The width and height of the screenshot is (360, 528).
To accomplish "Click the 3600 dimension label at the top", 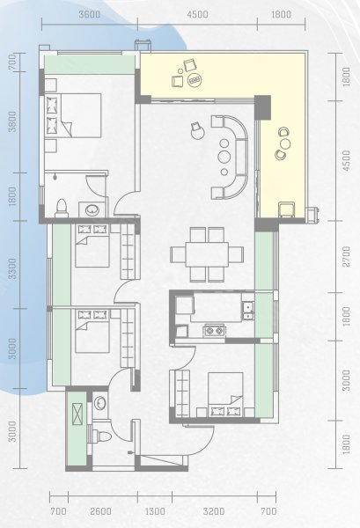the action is tap(90, 14).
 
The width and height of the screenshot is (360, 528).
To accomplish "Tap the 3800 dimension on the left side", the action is tap(12, 121).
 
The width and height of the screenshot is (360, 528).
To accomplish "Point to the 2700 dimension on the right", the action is tap(346, 257).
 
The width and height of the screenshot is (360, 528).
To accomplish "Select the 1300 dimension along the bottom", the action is tap(155, 511).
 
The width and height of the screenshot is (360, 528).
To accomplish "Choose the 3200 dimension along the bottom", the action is tap(214, 511).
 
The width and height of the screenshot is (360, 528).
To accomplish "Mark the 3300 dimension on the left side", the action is tap(12, 268).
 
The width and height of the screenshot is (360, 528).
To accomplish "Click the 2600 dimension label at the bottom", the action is tap(100, 511).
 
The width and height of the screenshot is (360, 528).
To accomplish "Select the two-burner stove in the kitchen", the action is tap(214, 330).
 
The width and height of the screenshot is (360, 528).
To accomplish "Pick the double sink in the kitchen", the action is tap(248, 311).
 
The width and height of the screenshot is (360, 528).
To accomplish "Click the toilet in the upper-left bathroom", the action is tap(62, 209).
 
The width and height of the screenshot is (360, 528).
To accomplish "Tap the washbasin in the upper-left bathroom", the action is tap(92, 210).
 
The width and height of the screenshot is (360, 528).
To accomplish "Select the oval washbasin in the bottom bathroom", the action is tap(99, 403).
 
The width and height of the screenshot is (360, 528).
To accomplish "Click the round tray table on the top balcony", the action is tap(195, 80).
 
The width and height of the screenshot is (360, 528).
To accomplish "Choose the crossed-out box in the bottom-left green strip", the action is tap(77, 414).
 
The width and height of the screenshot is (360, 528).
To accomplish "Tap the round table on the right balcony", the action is tap(285, 143).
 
